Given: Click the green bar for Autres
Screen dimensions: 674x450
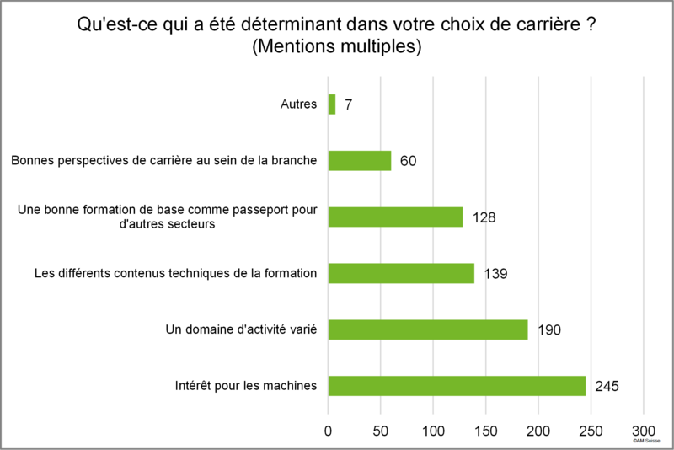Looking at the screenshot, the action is (x=332, y=104).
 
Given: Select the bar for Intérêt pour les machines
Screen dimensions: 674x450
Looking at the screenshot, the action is (x=457, y=386).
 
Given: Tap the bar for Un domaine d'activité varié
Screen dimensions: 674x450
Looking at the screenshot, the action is (x=428, y=329).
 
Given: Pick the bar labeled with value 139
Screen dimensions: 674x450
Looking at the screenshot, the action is (x=402, y=273).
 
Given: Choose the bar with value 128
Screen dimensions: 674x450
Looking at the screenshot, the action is (x=395, y=217).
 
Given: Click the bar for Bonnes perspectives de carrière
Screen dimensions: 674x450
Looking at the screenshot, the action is (x=360, y=161).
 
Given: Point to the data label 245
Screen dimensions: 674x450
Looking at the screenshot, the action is (x=607, y=387).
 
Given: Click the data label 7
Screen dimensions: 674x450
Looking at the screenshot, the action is (x=348, y=104).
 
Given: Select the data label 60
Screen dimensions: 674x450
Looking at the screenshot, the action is (x=408, y=161).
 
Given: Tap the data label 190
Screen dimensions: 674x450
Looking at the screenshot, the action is (x=549, y=330).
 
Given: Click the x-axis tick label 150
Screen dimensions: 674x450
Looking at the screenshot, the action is (x=486, y=431).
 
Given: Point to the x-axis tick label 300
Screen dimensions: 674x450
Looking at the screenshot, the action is (x=644, y=431).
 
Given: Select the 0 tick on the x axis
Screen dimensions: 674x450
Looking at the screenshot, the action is (x=328, y=431).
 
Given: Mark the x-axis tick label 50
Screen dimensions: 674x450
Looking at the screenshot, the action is (x=381, y=431).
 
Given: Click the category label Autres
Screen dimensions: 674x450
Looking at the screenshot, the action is (x=299, y=104).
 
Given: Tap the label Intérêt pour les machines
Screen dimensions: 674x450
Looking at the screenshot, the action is (x=246, y=385).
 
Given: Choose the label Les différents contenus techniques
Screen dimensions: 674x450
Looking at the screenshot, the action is (x=176, y=273).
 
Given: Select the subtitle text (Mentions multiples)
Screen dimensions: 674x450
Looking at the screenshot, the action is (x=336, y=46).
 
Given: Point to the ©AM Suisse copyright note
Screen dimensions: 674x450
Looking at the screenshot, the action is (x=646, y=441).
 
